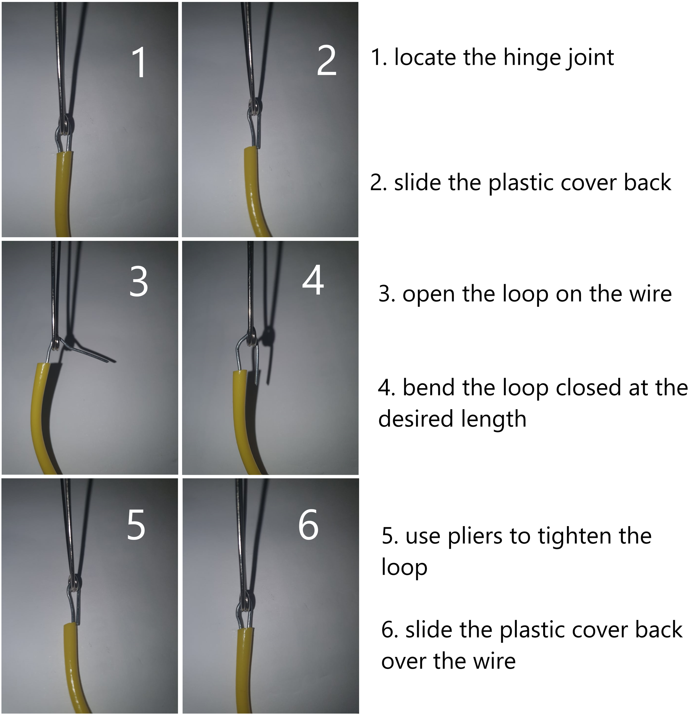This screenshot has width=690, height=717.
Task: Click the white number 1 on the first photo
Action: (139, 63)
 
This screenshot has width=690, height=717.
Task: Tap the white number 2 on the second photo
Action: (327, 61)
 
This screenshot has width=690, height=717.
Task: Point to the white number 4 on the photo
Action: (313, 280)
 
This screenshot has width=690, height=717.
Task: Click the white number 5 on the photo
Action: (136, 525)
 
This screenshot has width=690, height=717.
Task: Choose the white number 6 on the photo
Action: (309, 525)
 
